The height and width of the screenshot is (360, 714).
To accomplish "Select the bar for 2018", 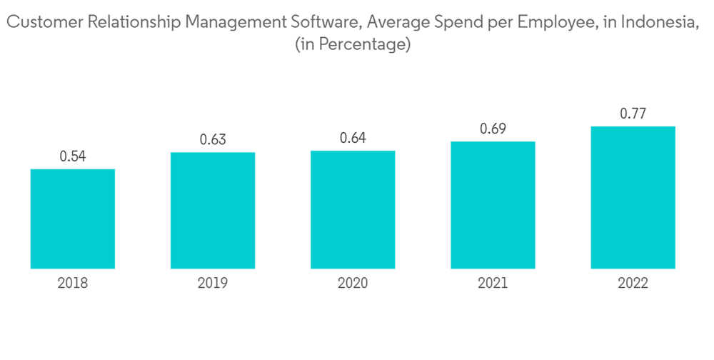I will (x=73, y=219).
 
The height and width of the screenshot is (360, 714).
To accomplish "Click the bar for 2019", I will (x=213, y=210).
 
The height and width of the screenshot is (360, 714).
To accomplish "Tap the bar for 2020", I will (x=353, y=209).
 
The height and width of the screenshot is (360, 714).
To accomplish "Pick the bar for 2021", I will (x=493, y=204).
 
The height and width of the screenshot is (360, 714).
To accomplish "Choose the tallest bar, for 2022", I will (x=633, y=197).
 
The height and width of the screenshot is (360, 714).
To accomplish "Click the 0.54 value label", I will (x=73, y=156).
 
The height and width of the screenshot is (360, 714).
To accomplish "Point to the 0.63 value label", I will (x=213, y=139).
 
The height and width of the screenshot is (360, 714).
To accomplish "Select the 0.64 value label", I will (x=353, y=138).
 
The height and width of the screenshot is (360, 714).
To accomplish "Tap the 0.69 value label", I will (x=493, y=129).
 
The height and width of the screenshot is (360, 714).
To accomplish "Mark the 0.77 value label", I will (x=633, y=114).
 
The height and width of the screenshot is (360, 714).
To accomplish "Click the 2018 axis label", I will (x=73, y=284).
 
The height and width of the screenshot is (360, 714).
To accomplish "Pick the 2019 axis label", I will (x=213, y=284).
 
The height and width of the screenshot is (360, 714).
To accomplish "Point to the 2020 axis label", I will (x=353, y=284).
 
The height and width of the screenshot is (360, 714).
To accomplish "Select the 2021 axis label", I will (x=493, y=284).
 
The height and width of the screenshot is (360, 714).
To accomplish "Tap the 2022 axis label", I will (x=633, y=284).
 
